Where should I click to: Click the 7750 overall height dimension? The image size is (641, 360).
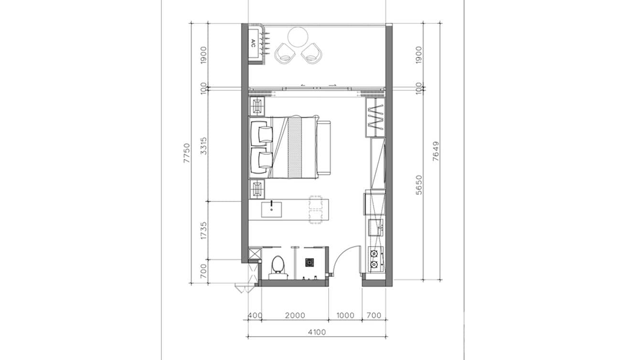tap(187, 153)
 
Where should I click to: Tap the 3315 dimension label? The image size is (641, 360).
tap(203, 146)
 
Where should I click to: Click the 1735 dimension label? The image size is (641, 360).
tap(203, 230)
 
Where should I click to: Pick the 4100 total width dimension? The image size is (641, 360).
tap(317, 332)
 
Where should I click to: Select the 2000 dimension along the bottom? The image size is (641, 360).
tap(295, 316)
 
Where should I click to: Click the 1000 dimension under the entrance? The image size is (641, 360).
tap(345, 316)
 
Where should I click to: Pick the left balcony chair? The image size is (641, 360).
tap(285, 53)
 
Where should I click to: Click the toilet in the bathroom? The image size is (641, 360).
tap(278, 266)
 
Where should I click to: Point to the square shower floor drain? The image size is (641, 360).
tap(310, 262)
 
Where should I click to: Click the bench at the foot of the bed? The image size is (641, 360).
tap(324, 148)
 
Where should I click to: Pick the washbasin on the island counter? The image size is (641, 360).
tap(271, 209)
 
